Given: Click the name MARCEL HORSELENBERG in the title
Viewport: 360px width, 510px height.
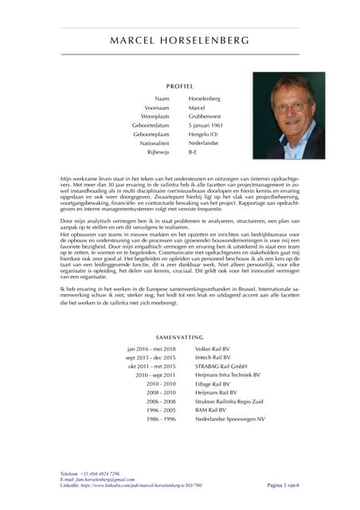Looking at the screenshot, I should (180, 40).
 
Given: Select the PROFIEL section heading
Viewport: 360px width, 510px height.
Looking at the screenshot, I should (180, 84).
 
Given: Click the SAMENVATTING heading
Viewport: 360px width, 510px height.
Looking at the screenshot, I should (180, 339).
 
